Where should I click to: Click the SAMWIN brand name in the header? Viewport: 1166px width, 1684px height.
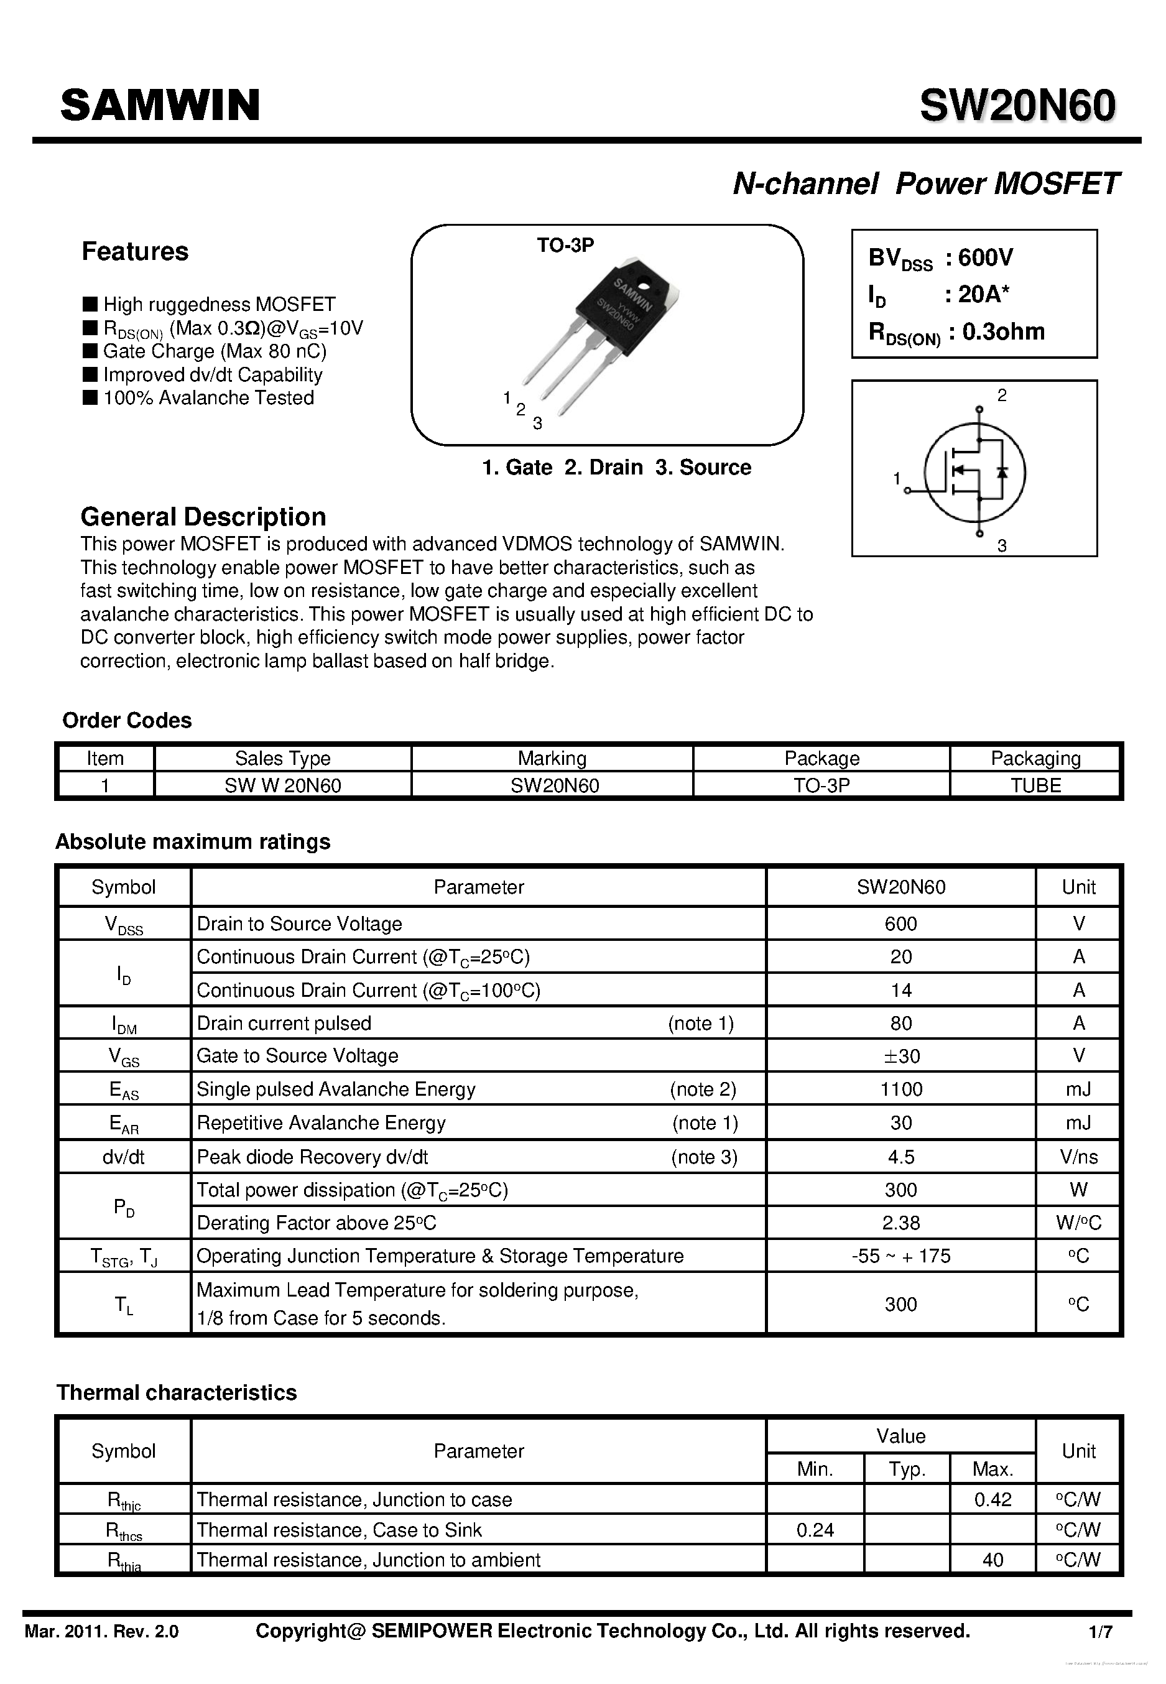coord(160,105)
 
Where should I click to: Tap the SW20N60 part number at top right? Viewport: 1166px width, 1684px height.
coord(1017,105)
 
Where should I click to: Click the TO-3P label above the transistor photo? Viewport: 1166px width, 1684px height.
coord(565,246)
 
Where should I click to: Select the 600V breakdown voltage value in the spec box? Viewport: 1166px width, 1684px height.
coord(986,257)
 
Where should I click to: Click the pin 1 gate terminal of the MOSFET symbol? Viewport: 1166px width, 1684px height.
coord(907,490)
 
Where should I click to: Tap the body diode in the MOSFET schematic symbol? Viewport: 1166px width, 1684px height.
coord(1002,471)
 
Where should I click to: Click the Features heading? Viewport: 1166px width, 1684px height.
coord(134,251)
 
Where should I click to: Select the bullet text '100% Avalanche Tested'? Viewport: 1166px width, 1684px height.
coord(208,398)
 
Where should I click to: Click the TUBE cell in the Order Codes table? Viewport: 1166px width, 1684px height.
coord(1035,785)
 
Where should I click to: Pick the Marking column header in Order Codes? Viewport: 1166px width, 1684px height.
coord(552,758)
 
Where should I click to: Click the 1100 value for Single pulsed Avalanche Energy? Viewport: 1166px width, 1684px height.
coord(901,1090)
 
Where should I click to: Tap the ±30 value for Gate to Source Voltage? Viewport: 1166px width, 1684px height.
coord(901,1056)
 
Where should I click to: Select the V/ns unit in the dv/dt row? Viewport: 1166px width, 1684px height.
coord(1078,1157)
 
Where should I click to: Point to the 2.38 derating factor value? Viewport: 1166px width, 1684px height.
coord(901,1223)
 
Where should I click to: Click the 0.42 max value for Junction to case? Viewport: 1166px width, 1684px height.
coord(993,1500)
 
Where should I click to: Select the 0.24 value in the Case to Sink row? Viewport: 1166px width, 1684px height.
coord(815,1530)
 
